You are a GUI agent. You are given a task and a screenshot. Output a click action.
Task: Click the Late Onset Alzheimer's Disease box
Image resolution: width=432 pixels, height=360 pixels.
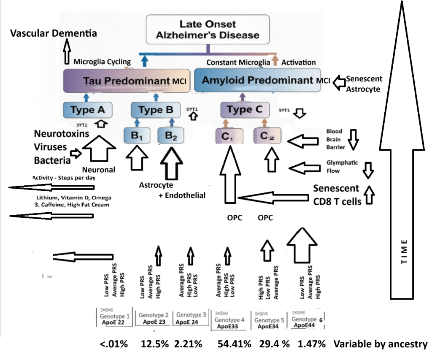(x=208, y=29)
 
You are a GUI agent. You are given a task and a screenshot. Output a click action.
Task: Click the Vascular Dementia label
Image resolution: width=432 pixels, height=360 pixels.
(x=53, y=33)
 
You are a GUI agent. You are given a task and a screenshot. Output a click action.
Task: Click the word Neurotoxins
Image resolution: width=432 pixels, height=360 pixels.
(x=61, y=134)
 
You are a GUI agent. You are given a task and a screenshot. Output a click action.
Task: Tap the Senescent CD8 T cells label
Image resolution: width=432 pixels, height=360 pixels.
(x=337, y=195)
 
